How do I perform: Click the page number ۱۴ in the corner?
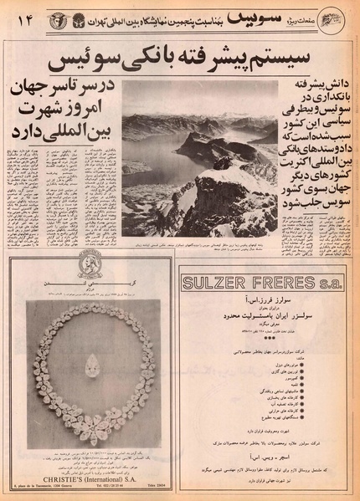click(20, 17)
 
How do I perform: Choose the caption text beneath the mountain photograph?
click(198, 243)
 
